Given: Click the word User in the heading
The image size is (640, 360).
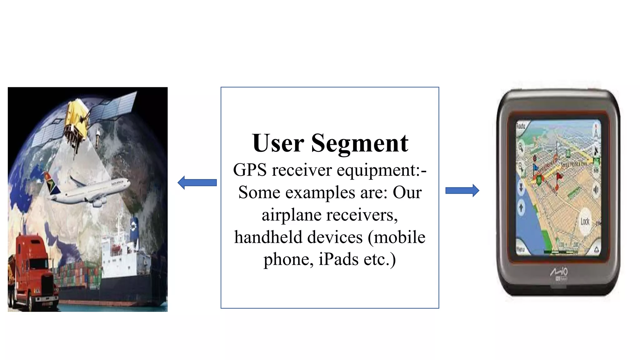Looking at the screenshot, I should pos(278,143).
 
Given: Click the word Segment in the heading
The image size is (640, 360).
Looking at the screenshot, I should pos(359,144).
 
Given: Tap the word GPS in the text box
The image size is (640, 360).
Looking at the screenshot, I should pos(250,170).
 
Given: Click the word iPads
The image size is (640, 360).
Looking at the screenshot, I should pos(338,259).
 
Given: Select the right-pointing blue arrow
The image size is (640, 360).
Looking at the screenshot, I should pos(462,190).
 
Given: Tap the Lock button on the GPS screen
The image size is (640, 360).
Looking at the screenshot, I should pos(585,222).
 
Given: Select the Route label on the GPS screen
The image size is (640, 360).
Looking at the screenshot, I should pos(521,126).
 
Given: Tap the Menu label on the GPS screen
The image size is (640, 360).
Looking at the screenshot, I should pos(520,249).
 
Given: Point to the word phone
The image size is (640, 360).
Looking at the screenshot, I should pos(287,260).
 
